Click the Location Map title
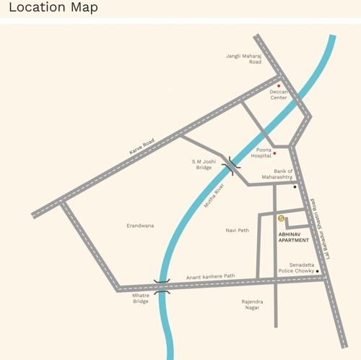[x=53, y=9]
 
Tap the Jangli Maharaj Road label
[x=243, y=59]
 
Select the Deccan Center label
[x=279, y=95]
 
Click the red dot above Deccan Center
[x=279, y=86]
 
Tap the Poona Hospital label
[x=261, y=153]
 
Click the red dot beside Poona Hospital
[x=275, y=153]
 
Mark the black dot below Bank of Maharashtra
[x=295, y=187]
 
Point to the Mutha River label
[x=214, y=196]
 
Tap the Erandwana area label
[x=140, y=226]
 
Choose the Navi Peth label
[x=237, y=230]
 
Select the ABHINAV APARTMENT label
[x=294, y=237]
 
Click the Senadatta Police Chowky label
[x=297, y=268]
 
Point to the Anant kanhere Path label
[x=211, y=276]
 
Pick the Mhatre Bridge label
[x=141, y=298]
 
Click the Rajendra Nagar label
[x=253, y=304]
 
